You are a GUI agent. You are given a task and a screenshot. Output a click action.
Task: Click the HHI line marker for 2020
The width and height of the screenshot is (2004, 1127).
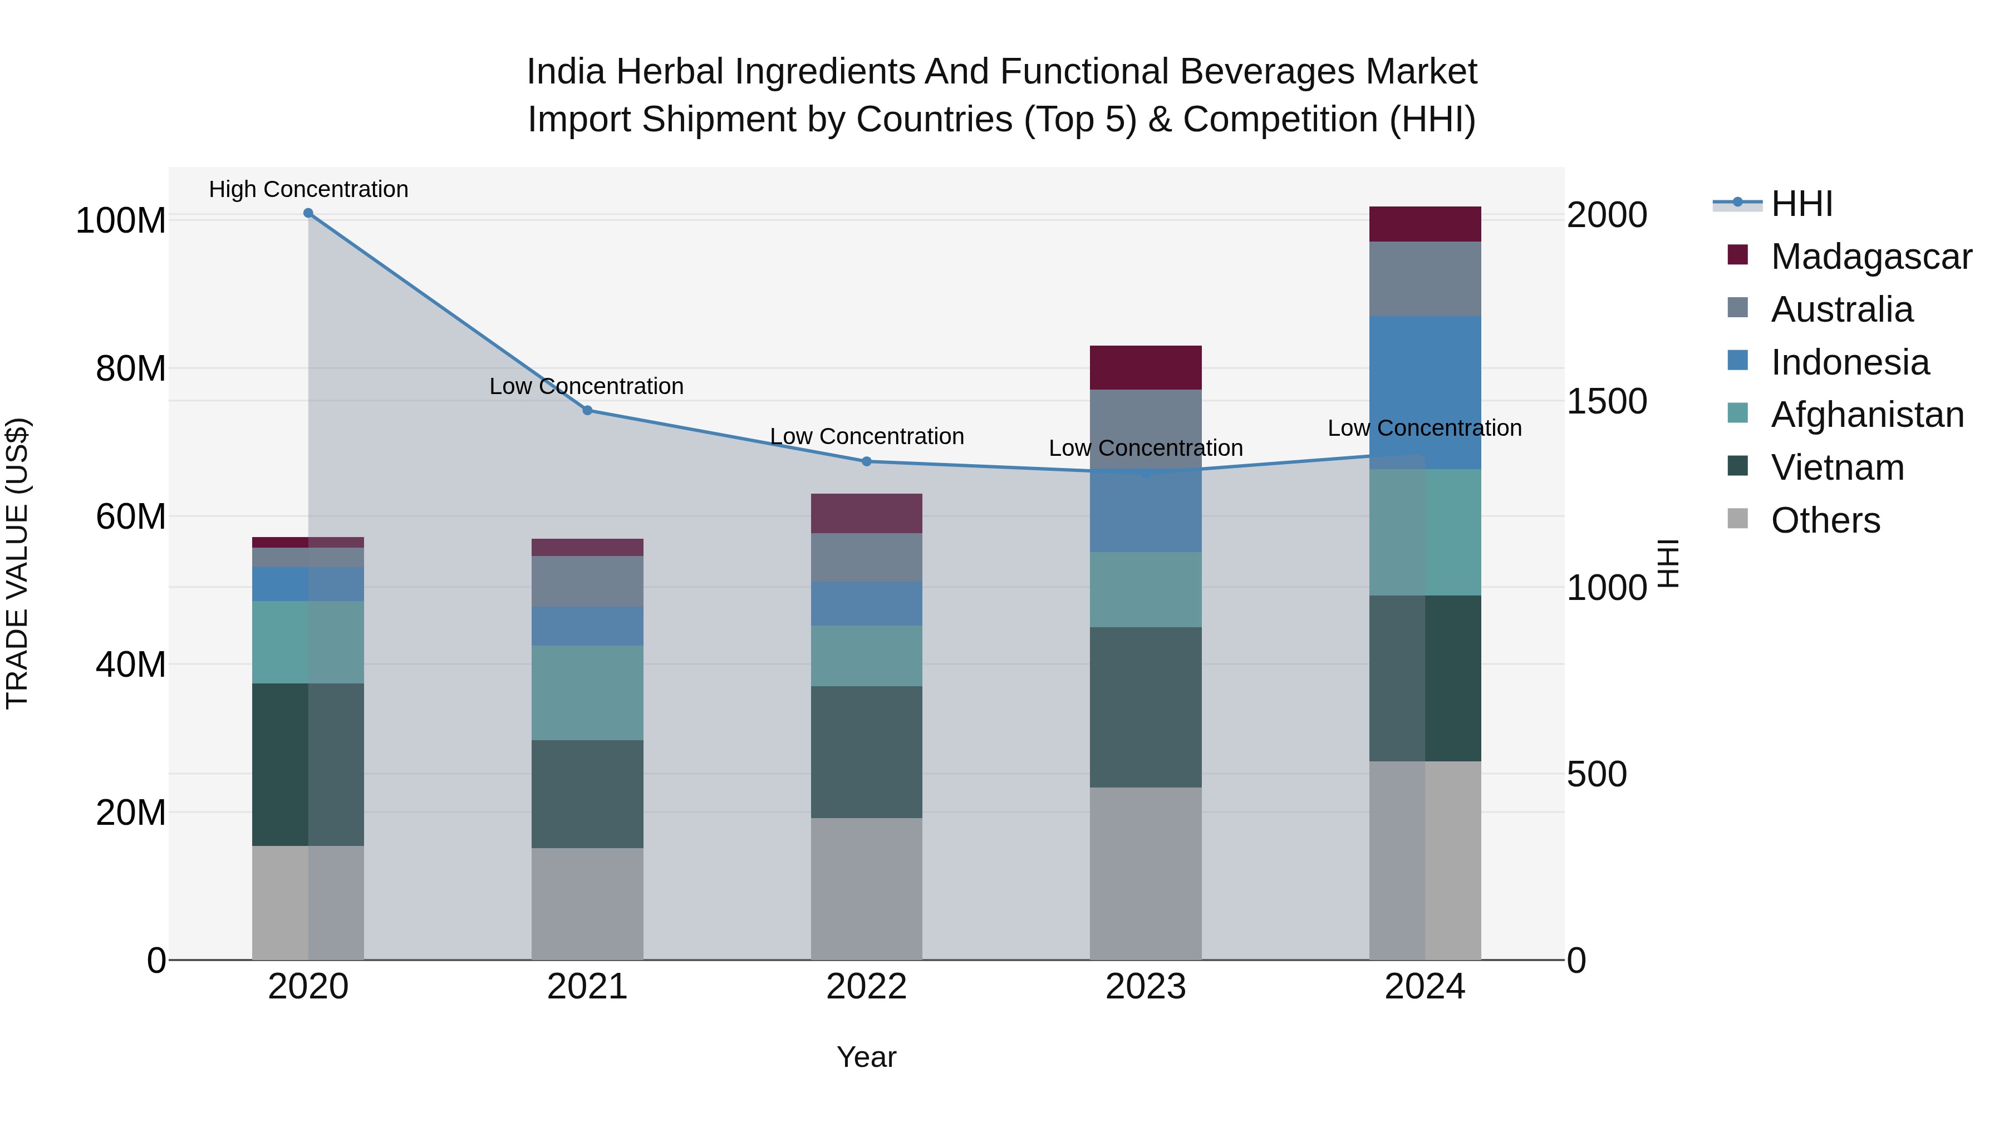(x=308, y=213)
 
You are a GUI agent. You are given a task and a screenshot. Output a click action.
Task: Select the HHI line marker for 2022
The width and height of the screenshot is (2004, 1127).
(x=867, y=461)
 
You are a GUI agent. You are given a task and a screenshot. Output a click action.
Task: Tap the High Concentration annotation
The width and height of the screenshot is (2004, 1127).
(x=308, y=189)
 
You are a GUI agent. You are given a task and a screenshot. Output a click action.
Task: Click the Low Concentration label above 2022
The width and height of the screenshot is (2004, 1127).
(x=867, y=436)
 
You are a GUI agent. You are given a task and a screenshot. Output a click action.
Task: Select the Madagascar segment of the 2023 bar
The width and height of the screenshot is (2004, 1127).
(x=1145, y=367)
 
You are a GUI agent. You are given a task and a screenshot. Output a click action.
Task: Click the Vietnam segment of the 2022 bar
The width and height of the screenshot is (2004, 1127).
(x=867, y=751)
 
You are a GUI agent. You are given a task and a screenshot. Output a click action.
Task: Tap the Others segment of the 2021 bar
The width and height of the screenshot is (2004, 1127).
(x=587, y=903)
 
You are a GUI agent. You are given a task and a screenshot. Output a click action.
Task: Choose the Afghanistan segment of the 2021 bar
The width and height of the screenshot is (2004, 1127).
(x=587, y=692)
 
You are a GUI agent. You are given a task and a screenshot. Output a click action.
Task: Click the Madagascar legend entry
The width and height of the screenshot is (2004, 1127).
(x=1871, y=257)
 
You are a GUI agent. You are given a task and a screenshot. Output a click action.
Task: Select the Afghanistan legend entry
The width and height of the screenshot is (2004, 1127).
(x=1867, y=415)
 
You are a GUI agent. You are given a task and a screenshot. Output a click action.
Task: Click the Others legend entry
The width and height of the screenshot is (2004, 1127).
(x=1825, y=520)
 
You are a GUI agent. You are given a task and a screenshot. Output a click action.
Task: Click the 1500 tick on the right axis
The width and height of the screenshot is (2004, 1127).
(x=1607, y=401)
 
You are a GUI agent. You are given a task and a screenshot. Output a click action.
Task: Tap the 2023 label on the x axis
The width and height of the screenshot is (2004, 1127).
(x=1145, y=987)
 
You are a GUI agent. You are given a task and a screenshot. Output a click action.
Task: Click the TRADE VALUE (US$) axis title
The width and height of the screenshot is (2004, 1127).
(x=17, y=563)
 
